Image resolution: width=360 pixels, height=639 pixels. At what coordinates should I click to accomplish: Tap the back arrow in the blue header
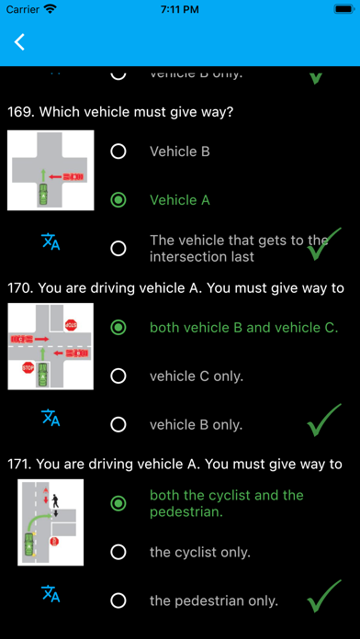coord(20,42)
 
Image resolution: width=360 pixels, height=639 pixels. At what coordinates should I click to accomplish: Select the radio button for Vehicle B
coord(118,151)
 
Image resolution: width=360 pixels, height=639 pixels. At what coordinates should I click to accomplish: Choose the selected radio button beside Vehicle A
coord(118,199)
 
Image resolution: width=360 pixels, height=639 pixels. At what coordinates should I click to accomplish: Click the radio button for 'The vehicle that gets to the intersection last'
coord(118,248)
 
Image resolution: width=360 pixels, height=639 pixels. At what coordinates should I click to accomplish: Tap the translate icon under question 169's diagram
coord(51,242)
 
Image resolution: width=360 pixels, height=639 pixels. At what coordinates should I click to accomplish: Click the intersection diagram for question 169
coord(51,172)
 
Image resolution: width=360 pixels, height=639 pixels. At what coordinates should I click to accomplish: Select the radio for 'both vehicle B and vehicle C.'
coord(118,327)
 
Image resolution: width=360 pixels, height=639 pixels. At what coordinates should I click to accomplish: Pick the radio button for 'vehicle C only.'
coord(118,376)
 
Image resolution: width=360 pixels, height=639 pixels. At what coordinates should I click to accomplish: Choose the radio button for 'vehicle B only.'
coord(118,424)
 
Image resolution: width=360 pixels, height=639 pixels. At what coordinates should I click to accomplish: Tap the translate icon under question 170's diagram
coord(51,418)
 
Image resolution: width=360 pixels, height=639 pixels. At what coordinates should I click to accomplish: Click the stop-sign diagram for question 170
coord(51,346)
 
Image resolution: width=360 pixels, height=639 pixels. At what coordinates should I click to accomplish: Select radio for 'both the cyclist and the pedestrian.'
coord(118,503)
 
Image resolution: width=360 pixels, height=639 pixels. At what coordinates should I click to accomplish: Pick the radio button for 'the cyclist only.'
coord(118,552)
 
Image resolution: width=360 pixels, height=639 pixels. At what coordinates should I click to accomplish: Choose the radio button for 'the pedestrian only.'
coord(118,600)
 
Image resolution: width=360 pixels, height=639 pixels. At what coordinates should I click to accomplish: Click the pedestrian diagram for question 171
coord(51,521)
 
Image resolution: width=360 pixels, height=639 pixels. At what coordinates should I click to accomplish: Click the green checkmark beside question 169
coord(318,246)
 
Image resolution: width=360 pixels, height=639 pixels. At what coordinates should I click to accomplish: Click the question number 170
coord(19,288)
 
